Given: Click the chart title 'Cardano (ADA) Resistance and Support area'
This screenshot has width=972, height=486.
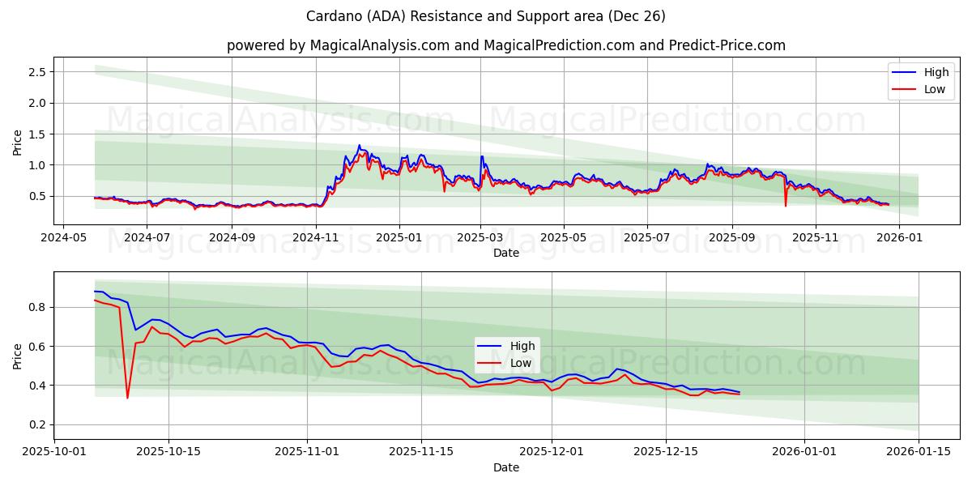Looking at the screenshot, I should (485, 16).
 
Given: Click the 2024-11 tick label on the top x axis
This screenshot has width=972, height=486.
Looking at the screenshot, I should (316, 238).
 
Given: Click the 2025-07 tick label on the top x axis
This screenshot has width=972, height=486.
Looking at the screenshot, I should (646, 238).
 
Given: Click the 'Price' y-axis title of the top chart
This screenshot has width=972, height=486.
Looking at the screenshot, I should (18, 142).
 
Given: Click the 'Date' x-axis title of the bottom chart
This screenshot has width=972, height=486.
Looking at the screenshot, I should (506, 468).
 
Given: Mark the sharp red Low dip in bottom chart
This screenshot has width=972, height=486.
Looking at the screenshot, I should (127, 397).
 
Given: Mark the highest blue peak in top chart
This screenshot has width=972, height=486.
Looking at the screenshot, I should (360, 146).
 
